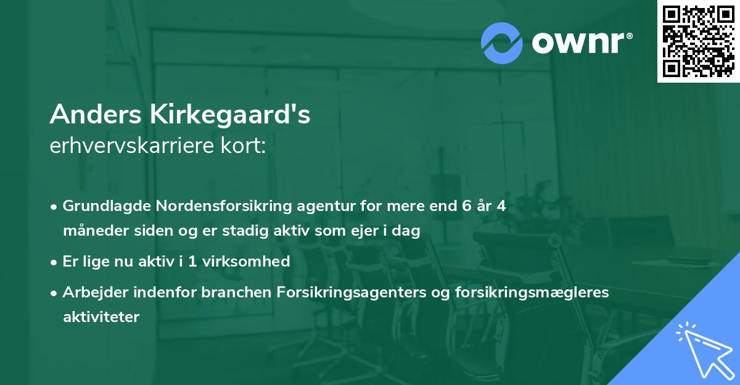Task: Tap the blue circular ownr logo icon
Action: (x=502, y=43)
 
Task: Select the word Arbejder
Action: (x=92, y=292)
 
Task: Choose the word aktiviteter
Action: (x=101, y=317)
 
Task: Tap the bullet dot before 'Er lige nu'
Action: (x=55, y=262)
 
